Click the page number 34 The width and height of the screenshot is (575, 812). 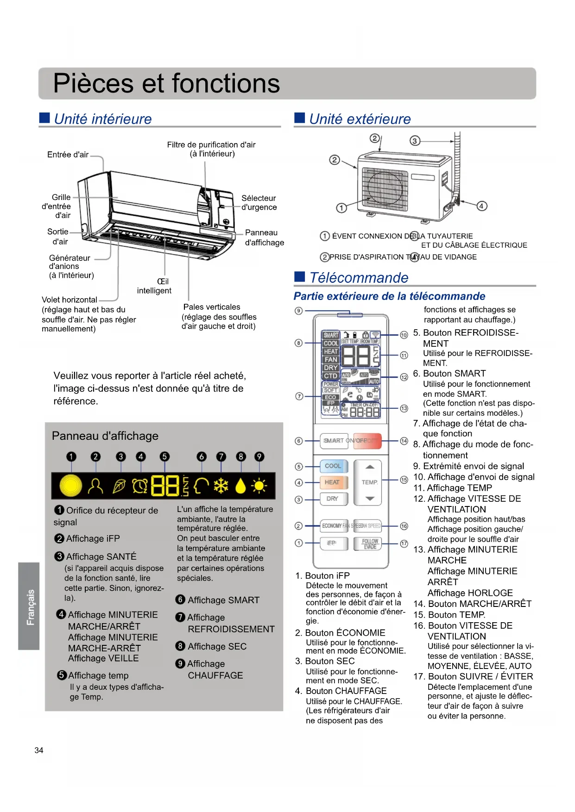coord(39,750)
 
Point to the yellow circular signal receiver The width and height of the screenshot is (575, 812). coord(71,486)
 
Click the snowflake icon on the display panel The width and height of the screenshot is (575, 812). coord(221,486)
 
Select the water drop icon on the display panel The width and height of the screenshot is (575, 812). coord(240,486)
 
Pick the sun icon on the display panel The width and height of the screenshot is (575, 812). coord(259,486)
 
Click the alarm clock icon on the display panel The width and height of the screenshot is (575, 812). coord(140,486)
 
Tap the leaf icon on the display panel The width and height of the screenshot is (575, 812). coord(119,486)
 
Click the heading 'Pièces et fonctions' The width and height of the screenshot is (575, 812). coord(166,83)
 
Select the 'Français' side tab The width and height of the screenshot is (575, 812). coord(29,606)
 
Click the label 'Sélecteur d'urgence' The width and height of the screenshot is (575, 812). coord(259,203)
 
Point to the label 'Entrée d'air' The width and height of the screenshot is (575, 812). coord(68,155)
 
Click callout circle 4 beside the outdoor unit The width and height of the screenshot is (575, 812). coord(482,206)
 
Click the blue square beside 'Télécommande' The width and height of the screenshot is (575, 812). coord(300,277)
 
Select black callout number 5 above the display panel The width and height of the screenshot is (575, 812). coord(164,456)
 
